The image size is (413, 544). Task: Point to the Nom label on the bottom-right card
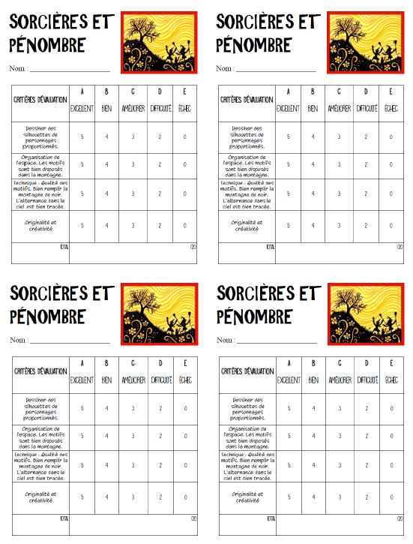click(x=227, y=341)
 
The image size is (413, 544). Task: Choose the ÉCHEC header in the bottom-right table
click(x=391, y=380)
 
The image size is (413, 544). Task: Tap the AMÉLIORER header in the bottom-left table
click(x=133, y=380)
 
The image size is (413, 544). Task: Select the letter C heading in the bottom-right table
click(x=339, y=365)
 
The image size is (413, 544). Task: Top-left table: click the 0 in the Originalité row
click(x=184, y=225)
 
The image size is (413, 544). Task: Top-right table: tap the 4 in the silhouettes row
click(x=313, y=137)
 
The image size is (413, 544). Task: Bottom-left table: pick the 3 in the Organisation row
click(x=133, y=435)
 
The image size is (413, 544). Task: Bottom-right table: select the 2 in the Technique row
click(x=366, y=465)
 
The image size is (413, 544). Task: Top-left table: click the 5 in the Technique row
click(x=81, y=194)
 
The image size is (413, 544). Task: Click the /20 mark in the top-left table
click(x=193, y=246)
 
